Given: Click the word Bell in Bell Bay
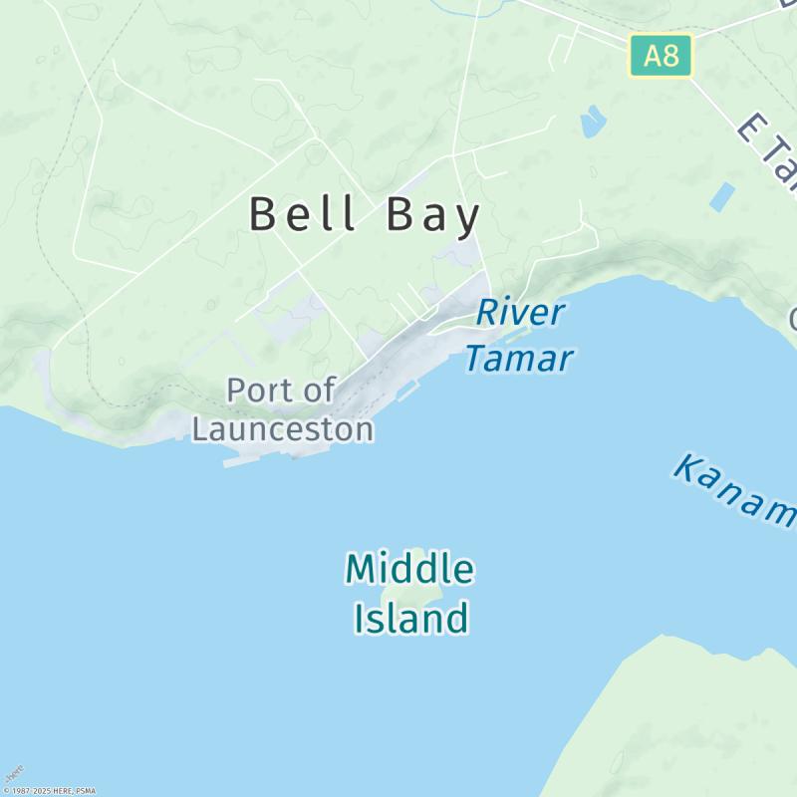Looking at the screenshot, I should tap(303, 214).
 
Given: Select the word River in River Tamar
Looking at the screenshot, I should tap(520, 312).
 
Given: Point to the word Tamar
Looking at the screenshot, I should tap(519, 358).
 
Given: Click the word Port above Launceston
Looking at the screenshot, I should tap(260, 391).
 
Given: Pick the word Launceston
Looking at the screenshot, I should tap(283, 429).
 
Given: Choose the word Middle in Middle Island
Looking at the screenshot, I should tap(409, 570).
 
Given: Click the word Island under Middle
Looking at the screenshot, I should tap(410, 619).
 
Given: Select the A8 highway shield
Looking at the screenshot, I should tap(661, 55).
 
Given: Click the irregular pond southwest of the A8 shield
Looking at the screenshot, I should tap(593, 121).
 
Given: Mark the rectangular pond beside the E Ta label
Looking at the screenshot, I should tap(722, 196).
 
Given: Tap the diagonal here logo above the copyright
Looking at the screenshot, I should tap(13, 773).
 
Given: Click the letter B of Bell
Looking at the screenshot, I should tap(262, 214).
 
